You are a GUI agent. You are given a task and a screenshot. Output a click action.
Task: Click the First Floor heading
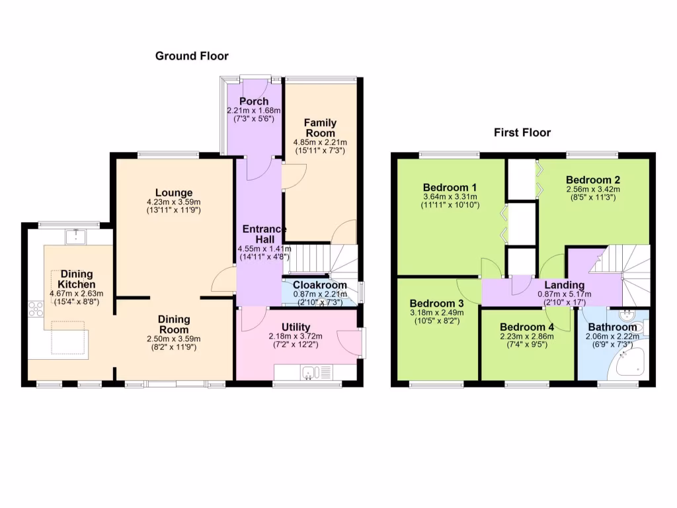(522, 133)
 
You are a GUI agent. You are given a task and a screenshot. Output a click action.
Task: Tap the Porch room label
(254, 101)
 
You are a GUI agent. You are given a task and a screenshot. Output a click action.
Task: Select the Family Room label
(320, 128)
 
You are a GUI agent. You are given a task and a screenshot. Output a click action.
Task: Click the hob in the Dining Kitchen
(36, 310)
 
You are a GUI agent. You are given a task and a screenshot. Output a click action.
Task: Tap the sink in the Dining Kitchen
(77, 234)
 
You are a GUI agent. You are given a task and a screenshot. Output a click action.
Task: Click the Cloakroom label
(320, 285)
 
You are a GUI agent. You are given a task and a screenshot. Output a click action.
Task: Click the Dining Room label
(174, 324)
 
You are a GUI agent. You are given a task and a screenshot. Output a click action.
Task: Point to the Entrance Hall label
(264, 233)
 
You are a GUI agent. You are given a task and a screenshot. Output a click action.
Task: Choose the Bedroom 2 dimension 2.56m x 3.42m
(592, 189)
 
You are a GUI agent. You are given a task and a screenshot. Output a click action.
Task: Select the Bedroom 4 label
(527, 327)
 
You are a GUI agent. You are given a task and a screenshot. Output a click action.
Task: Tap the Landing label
(559, 286)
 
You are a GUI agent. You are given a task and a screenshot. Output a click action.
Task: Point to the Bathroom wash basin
(627, 315)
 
